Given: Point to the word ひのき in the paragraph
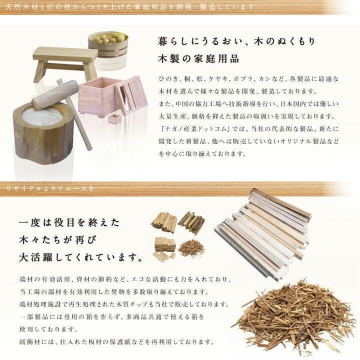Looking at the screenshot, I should pos(163,79).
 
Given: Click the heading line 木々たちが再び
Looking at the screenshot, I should pos(55,240).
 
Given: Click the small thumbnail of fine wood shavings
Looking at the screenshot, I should pos(190,247).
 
